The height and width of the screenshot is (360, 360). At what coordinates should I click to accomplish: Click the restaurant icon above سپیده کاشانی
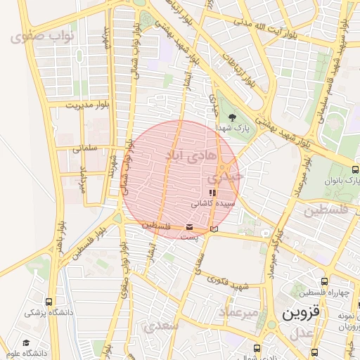click(x=212, y=193)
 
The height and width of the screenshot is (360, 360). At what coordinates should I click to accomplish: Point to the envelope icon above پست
click(x=189, y=227)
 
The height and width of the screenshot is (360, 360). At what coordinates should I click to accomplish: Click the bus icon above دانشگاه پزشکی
click(x=49, y=302)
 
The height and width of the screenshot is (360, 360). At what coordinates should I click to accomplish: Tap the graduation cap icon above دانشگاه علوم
click(x=26, y=342)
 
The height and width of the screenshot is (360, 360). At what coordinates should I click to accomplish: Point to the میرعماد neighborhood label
click(x=238, y=311)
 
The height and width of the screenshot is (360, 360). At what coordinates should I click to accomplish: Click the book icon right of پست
click(x=214, y=229)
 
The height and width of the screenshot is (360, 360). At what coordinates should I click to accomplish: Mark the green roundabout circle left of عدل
click(x=271, y=325)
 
